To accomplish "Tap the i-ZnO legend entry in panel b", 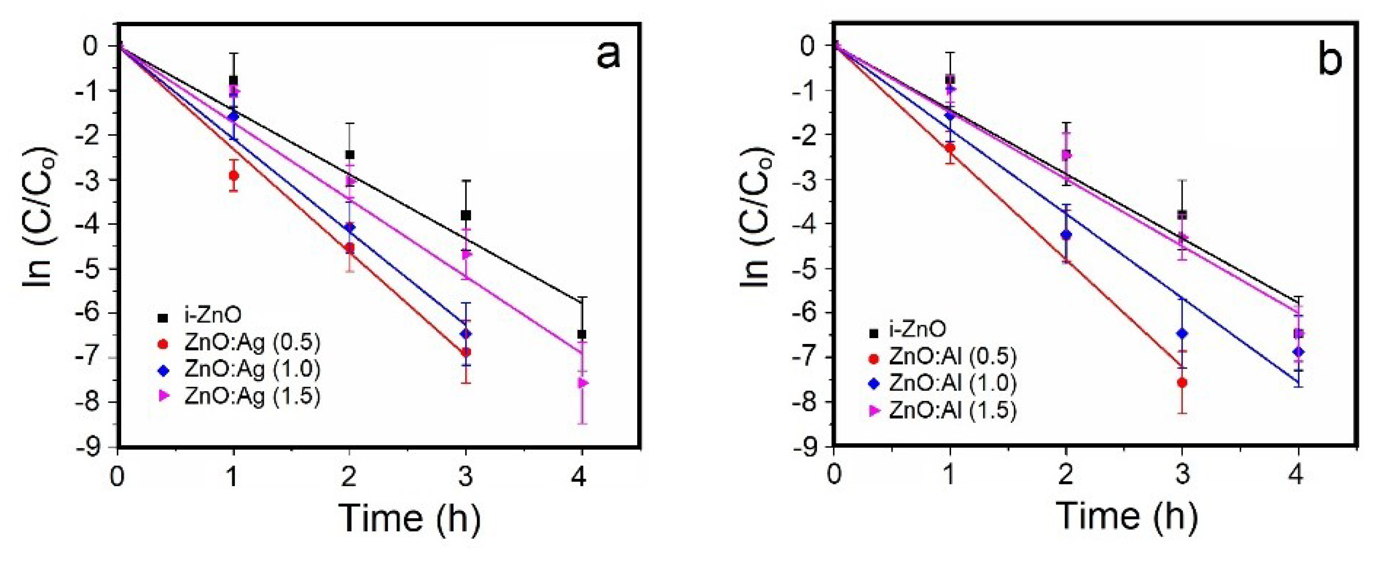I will [x=909, y=329].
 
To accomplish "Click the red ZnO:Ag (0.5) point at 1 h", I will [x=233, y=175].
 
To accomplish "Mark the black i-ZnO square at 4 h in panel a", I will [x=582, y=334].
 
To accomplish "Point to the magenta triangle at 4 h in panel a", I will [x=583, y=383].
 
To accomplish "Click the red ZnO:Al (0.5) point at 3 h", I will [x=1182, y=383].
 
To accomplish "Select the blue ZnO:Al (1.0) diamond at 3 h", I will [x=1182, y=334].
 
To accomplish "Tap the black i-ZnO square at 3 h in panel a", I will [x=466, y=215].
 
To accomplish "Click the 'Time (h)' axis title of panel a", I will [x=410, y=518].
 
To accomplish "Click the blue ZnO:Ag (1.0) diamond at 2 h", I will [x=350, y=228].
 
